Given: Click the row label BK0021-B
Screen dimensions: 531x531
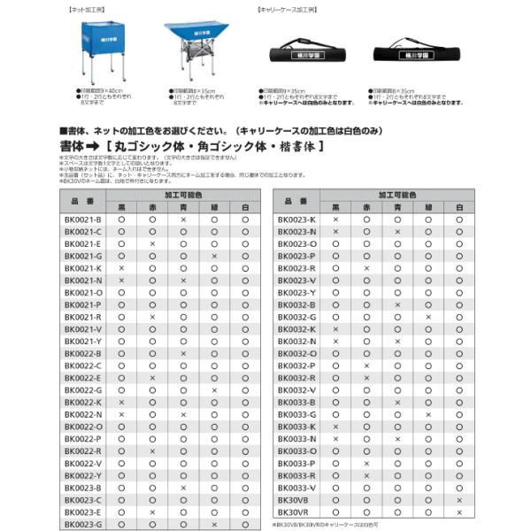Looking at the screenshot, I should coord(83,219).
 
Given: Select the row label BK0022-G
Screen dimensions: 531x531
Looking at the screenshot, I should coord(83,389).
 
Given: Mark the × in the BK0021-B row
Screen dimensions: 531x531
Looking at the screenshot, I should coord(183,219).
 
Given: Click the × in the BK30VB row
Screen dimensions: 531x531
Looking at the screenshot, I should coord(459,500).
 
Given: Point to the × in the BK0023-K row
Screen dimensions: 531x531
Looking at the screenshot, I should coord(335,219).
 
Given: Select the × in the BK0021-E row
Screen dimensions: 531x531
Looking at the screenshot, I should coord(152,243).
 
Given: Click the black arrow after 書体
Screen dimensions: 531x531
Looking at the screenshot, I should coord(92,143).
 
